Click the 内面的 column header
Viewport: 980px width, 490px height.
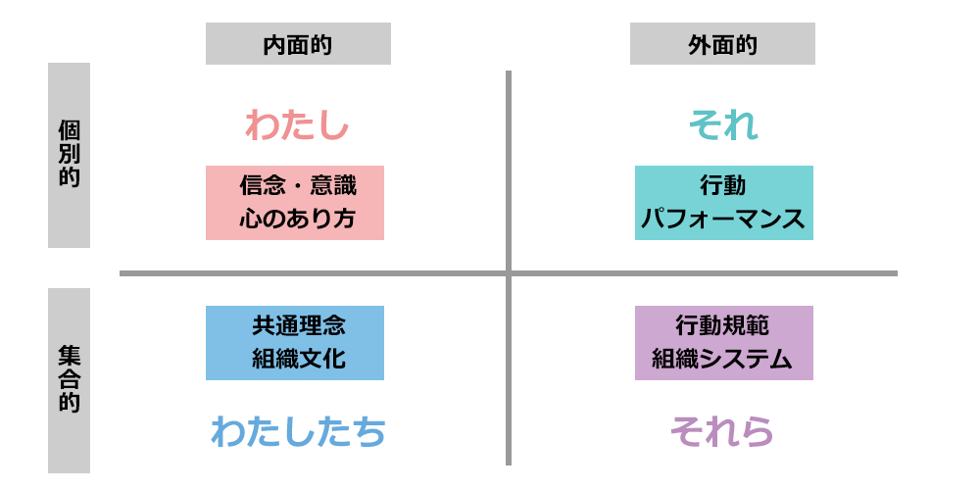pyautogui.click(x=298, y=45)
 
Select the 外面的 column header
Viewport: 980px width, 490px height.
pyautogui.click(x=722, y=45)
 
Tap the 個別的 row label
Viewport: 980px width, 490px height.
pyautogui.click(x=69, y=156)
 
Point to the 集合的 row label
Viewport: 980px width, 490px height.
pyautogui.click(x=69, y=380)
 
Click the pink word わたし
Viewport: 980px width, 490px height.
pyautogui.click(x=296, y=125)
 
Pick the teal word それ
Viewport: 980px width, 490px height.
pyautogui.click(x=723, y=125)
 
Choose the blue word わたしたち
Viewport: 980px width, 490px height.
pyautogui.click(x=297, y=431)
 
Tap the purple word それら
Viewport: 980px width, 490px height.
pyautogui.click(x=722, y=431)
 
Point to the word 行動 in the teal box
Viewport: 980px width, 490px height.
pyautogui.click(x=723, y=185)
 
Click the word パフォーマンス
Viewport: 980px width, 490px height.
pyautogui.click(x=723, y=220)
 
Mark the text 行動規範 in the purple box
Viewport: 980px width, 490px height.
pyautogui.click(x=723, y=325)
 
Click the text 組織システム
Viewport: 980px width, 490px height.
pyautogui.click(x=723, y=360)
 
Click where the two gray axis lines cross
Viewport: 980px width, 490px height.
pyautogui.click(x=509, y=272)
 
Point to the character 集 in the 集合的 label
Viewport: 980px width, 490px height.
pyautogui.click(x=69, y=356)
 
